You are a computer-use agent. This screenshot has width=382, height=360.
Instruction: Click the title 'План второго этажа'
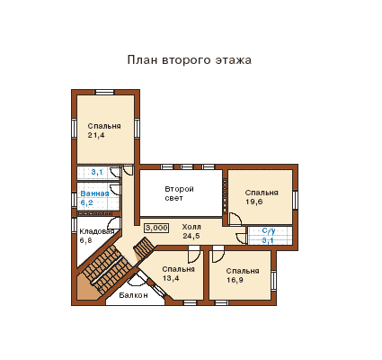(190, 60)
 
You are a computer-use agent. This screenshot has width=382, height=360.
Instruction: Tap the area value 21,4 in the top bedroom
(96, 135)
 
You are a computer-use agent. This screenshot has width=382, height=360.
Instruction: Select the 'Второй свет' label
(180, 193)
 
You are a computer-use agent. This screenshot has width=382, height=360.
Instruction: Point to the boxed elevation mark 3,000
(156, 228)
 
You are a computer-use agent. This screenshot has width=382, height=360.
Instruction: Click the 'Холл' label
(191, 227)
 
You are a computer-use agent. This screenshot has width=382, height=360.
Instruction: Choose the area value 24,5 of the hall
(191, 236)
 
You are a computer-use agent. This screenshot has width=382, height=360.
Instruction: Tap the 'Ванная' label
(94, 193)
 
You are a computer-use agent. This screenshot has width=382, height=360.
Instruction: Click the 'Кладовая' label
(97, 231)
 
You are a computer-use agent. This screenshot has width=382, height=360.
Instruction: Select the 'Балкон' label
(133, 295)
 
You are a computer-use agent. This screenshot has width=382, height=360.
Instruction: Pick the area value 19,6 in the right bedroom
(254, 202)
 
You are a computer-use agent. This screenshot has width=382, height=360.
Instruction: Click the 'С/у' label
(269, 230)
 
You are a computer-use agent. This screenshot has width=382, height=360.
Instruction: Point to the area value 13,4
(171, 278)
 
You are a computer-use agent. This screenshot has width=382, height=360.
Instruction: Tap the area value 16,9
(235, 280)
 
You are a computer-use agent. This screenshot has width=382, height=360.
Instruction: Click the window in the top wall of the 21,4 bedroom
(104, 92)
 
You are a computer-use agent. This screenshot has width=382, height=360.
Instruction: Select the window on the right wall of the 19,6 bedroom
(295, 201)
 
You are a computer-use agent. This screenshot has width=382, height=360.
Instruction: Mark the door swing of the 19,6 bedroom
(235, 219)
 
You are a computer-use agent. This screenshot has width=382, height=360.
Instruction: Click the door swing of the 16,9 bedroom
(218, 254)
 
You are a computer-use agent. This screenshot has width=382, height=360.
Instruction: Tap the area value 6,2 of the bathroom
(86, 202)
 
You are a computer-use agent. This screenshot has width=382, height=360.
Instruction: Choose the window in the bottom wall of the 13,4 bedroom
(190, 303)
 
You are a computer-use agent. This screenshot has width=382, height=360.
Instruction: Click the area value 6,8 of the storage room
(85, 240)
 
